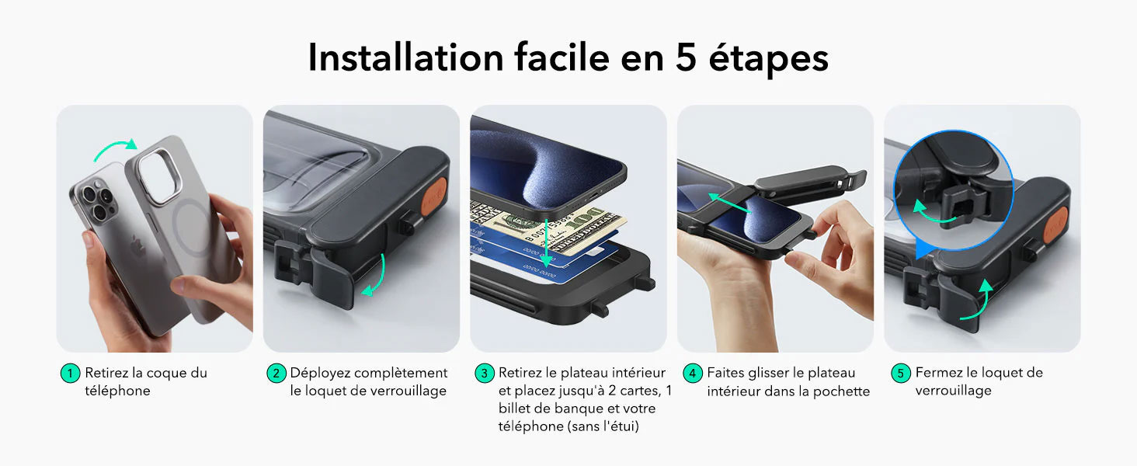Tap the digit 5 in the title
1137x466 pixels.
coord(686,57)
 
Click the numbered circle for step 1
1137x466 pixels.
coord(71,374)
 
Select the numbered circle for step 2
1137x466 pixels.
coord(276,374)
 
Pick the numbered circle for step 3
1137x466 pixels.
coord(485,374)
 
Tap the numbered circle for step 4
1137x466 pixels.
coord(693,374)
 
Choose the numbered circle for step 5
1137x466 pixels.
coord(901,374)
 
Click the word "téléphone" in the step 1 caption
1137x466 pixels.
coord(117,391)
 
